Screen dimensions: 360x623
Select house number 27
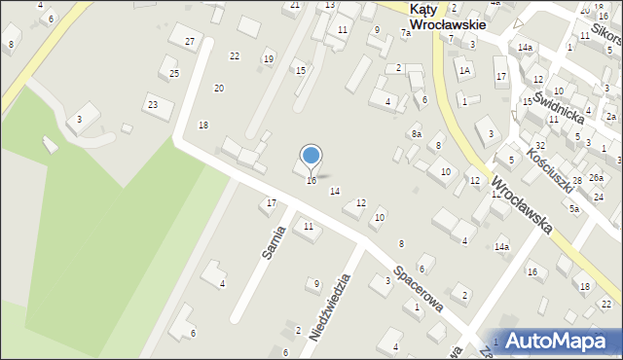pos(190,41)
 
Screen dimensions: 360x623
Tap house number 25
pos(173,74)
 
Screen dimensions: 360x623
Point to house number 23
pos(152,104)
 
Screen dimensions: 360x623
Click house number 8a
pos(416,133)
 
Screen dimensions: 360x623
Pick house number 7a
pos(405,33)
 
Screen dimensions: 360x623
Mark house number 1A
pos(465,70)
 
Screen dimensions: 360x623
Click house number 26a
pos(596,178)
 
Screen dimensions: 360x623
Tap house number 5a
pos(574,209)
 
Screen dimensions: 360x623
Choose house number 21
pos(294,6)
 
